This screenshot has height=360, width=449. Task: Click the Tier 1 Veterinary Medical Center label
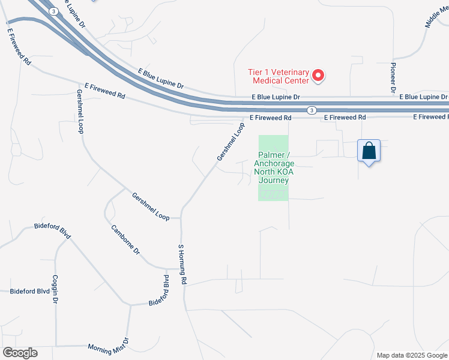click(279, 76)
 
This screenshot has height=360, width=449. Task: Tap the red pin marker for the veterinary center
click(319, 76)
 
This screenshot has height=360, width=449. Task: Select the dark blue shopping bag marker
click(369, 151)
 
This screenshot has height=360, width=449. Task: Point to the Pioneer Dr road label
click(394, 77)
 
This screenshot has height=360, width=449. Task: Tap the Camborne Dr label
click(125, 240)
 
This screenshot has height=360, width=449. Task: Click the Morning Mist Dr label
click(108, 347)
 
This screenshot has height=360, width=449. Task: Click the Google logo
click(20, 353)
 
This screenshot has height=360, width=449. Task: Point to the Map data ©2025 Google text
click(411, 355)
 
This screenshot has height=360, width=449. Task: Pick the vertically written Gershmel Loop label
click(79, 112)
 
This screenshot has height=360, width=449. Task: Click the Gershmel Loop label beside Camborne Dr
click(151, 206)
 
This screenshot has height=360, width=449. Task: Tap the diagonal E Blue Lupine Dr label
click(160, 77)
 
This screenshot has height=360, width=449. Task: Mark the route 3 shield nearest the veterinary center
click(311, 110)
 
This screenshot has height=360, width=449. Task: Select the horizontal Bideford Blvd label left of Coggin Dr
click(29, 291)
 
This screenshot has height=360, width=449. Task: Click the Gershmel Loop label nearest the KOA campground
click(231, 142)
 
